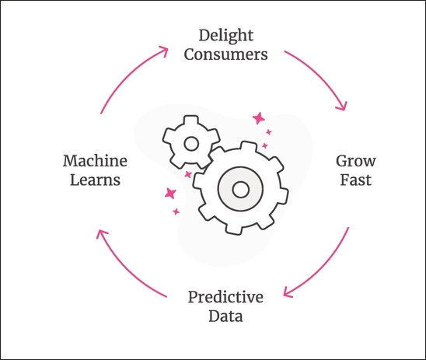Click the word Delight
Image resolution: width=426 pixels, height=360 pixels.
tap(226, 35)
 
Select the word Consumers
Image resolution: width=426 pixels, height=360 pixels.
tap(225, 54)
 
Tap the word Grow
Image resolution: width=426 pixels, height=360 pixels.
tap(356, 162)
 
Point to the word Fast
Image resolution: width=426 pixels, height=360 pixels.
tap(355, 180)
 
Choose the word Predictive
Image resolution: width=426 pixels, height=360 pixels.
tap(225, 297)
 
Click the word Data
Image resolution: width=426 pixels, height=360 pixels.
tap(225, 316)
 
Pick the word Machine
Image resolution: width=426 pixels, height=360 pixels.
tap(95, 161)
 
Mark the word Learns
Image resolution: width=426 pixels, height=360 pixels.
tap(95, 180)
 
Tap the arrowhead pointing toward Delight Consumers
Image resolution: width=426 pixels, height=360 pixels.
tap(164, 51)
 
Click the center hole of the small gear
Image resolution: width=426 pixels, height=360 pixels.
tap(191, 144)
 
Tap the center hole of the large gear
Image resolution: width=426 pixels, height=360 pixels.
tap(240, 190)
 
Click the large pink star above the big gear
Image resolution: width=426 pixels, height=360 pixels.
tap(258, 118)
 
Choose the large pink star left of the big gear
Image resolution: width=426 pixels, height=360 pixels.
tap(170, 193)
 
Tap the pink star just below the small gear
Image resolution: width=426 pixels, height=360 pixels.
tap(188, 174)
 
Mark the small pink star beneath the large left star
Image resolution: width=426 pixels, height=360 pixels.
tap(176, 211)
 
